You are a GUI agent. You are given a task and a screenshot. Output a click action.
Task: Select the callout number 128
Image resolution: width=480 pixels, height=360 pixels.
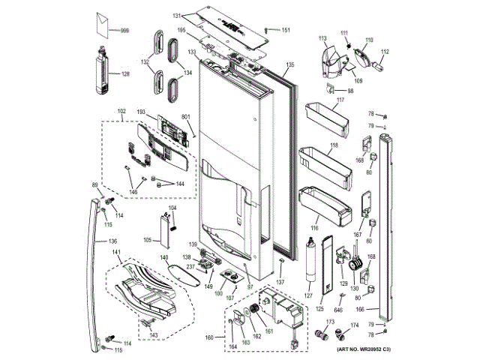click(x=125, y=73)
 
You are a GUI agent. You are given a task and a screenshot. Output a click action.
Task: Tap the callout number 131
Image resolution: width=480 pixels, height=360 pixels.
click(x=177, y=16)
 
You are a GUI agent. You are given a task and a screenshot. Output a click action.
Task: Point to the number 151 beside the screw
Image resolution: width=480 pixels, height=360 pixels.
click(x=286, y=30)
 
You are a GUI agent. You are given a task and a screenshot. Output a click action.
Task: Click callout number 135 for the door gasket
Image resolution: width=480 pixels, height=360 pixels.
click(x=291, y=64)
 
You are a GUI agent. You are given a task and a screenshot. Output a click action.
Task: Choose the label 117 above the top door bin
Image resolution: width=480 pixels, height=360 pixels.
click(x=339, y=100)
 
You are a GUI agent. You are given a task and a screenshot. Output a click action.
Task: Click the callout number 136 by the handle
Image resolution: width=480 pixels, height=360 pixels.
click(x=112, y=241)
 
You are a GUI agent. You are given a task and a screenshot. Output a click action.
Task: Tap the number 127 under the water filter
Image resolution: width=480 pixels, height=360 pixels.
click(x=308, y=296)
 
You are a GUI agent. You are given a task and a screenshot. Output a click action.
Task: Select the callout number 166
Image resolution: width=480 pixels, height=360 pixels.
click(x=360, y=308)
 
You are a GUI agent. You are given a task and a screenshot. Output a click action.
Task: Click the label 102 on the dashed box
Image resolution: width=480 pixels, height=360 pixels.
click(x=122, y=112)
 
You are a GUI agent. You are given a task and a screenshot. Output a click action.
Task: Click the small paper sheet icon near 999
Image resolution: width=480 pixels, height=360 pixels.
click(x=101, y=26)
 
